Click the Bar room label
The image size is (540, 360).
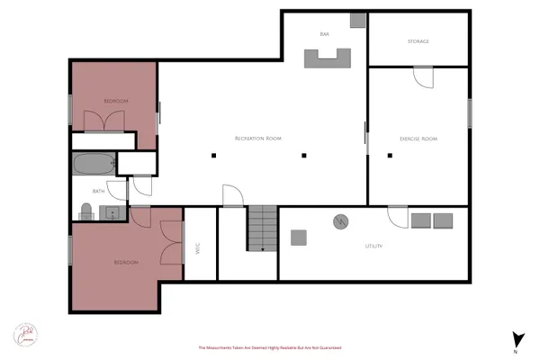click(x=324, y=35)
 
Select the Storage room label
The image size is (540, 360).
click(x=418, y=41)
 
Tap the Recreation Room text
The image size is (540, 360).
click(x=258, y=138)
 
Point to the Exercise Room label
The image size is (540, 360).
click(x=418, y=139)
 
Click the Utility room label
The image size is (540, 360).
click(x=374, y=246)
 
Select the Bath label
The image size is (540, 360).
click(x=99, y=191)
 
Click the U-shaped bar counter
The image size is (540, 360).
click(x=326, y=58)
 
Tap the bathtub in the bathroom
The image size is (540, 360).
click(x=94, y=166)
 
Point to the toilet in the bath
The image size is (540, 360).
click(x=85, y=211)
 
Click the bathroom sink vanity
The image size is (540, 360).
click(x=112, y=213)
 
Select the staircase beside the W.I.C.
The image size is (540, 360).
click(x=262, y=229)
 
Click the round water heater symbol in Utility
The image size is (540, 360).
click(x=341, y=221)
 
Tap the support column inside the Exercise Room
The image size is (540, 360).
click(x=390, y=156)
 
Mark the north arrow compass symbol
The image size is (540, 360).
click(x=517, y=339)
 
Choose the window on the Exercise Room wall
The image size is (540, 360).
click(x=469, y=112)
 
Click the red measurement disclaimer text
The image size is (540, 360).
click(x=270, y=347)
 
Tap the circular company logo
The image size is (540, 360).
click(x=24, y=334)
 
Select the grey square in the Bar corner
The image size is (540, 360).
click(x=357, y=19)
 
